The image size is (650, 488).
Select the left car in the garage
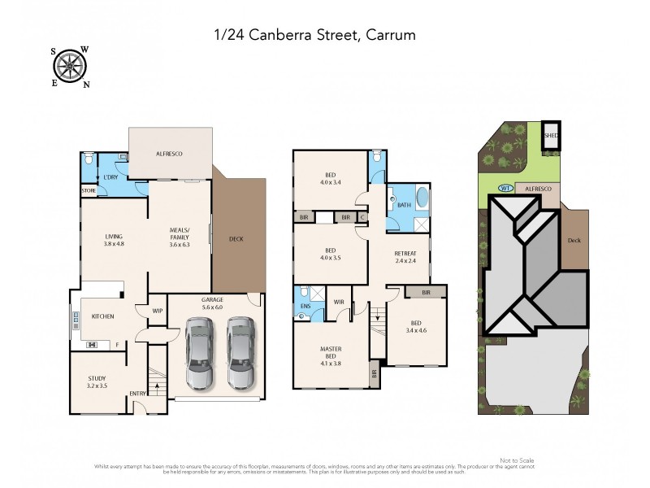(200, 352)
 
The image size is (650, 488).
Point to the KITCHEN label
(102, 316)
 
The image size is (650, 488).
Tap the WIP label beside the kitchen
(158, 311)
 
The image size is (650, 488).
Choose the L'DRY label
(111, 177)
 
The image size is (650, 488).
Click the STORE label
(89, 191)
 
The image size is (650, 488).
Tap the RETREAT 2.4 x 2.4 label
(405, 257)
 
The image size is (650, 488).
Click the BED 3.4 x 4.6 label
(417, 325)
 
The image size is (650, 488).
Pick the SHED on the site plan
(551, 136)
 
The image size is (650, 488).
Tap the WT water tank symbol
(503, 188)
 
